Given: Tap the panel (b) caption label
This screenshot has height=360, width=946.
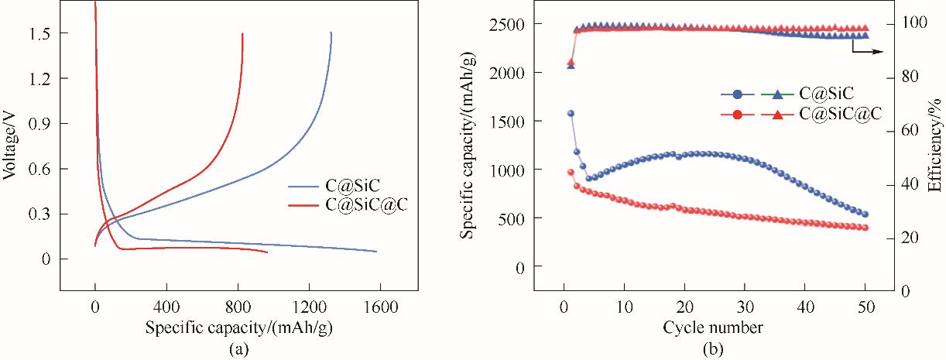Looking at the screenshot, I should tap(712, 349).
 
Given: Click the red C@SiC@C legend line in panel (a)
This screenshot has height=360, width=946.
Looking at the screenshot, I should tap(303, 205).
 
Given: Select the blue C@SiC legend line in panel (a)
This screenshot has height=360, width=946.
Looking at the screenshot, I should tap(303, 187).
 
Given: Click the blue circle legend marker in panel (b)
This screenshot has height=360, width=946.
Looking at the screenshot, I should tap(737, 94).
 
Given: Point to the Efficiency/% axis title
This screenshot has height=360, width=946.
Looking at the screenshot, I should tap(935, 147).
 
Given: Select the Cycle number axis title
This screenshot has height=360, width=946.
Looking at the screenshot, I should tap(712, 327).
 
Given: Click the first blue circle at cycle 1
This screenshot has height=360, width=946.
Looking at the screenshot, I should tap(571, 113).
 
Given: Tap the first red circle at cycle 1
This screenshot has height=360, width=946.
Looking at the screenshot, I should tap(571, 173).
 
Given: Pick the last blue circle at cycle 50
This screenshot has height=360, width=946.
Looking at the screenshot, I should tap(865, 214).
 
